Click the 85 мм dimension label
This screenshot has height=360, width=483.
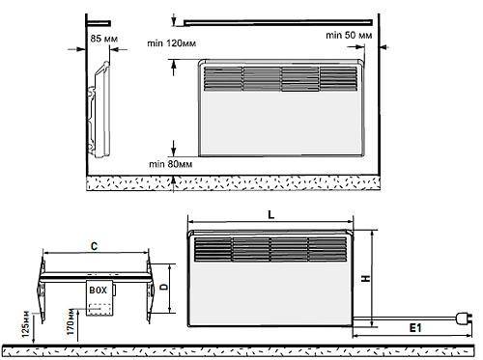(x=104, y=39)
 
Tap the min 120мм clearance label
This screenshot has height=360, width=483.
(x=172, y=43)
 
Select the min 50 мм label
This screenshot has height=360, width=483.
(x=349, y=35)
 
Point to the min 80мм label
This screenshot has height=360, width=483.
(x=171, y=164)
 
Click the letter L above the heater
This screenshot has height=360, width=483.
(x=271, y=215)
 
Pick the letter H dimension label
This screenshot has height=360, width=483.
(x=366, y=279)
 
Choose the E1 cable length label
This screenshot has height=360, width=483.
(x=415, y=328)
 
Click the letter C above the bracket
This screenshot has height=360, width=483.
(x=94, y=246)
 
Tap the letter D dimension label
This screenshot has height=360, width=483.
(x=164, y=286)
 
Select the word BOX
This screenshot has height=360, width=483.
(x=98, y=291)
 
